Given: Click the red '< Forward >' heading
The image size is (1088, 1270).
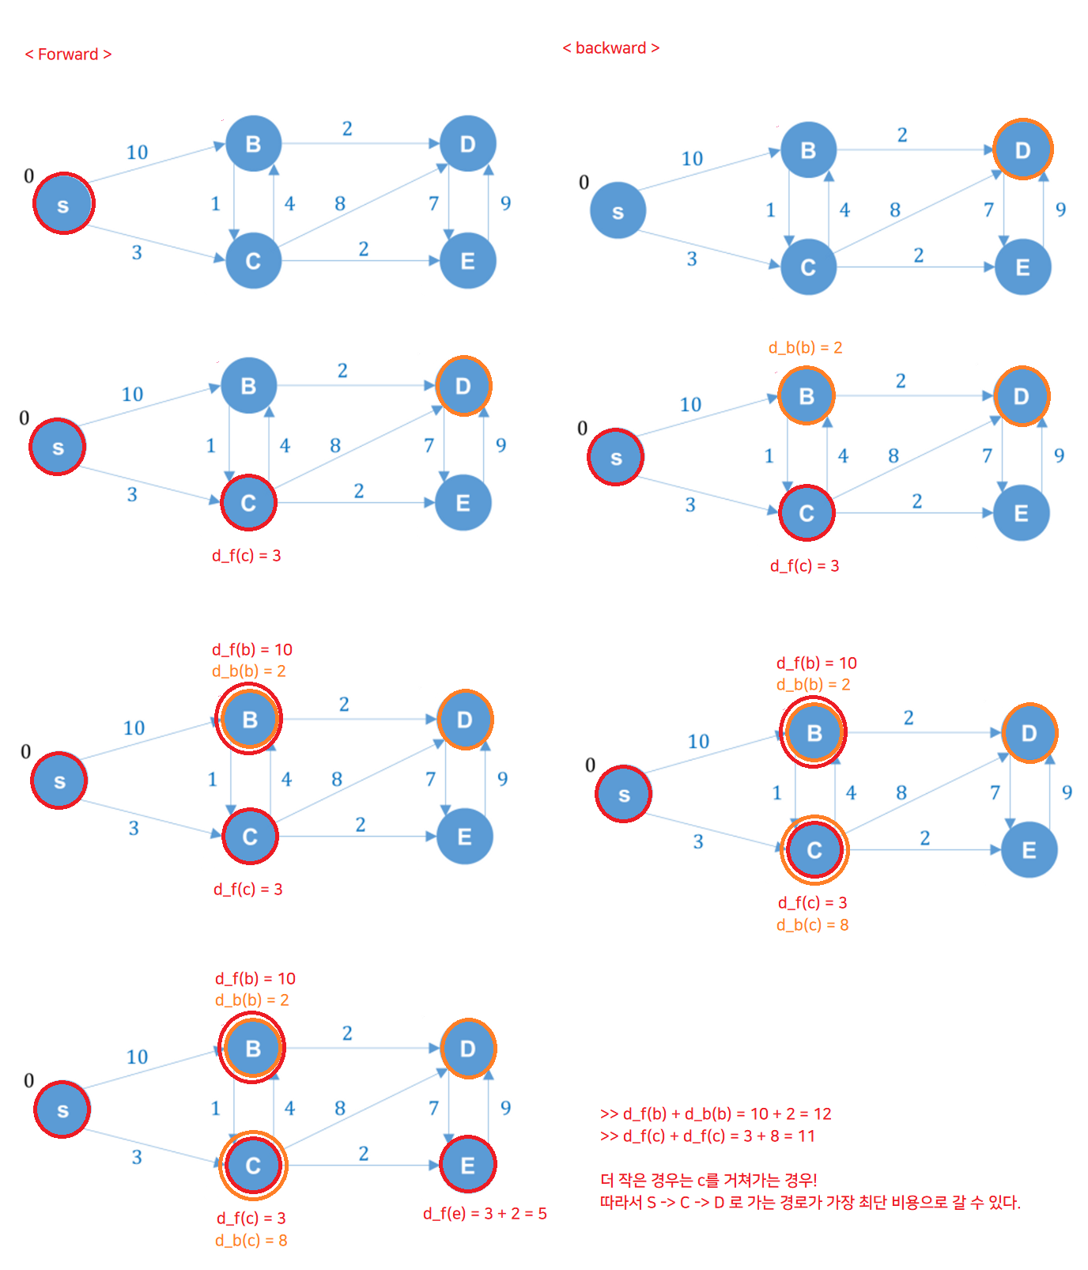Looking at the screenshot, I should (x=68, y=55).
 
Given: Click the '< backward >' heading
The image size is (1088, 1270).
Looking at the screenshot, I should (x=610, y=48).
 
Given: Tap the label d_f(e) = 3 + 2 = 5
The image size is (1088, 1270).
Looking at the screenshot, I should (x=485, y=1214).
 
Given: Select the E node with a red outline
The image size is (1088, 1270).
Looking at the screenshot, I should (x=467, y=1165).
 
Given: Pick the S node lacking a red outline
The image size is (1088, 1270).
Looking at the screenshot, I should (x=618, y=211).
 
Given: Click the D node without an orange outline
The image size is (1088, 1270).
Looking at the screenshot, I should (x=467, y=144).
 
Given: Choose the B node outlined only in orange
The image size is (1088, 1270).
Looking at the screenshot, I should (x=807, y=395).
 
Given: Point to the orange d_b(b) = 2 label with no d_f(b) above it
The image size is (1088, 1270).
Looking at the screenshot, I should (x=805, y=348).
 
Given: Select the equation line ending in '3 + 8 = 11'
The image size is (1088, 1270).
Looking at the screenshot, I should (x=708, y=1136).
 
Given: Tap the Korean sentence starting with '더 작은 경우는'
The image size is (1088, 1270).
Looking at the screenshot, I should (x=708, y=1181).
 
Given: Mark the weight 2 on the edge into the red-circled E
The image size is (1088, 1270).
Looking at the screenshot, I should (x=363, y=1154).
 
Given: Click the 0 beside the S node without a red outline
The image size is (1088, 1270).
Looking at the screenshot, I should (x=584, y=183).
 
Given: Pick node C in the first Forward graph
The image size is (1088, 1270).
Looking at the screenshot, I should (x=253, y=261).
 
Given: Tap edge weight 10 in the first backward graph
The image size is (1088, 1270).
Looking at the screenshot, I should (x=692, y=159).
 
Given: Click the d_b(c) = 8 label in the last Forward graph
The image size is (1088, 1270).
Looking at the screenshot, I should (x=251, y=1241).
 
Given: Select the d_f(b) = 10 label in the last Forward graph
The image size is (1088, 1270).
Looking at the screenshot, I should (x=255, y=979).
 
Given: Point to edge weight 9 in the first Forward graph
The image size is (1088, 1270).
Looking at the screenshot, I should (x=505, y=203).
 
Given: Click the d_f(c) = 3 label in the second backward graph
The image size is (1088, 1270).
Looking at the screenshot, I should (x=804, y=566).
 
